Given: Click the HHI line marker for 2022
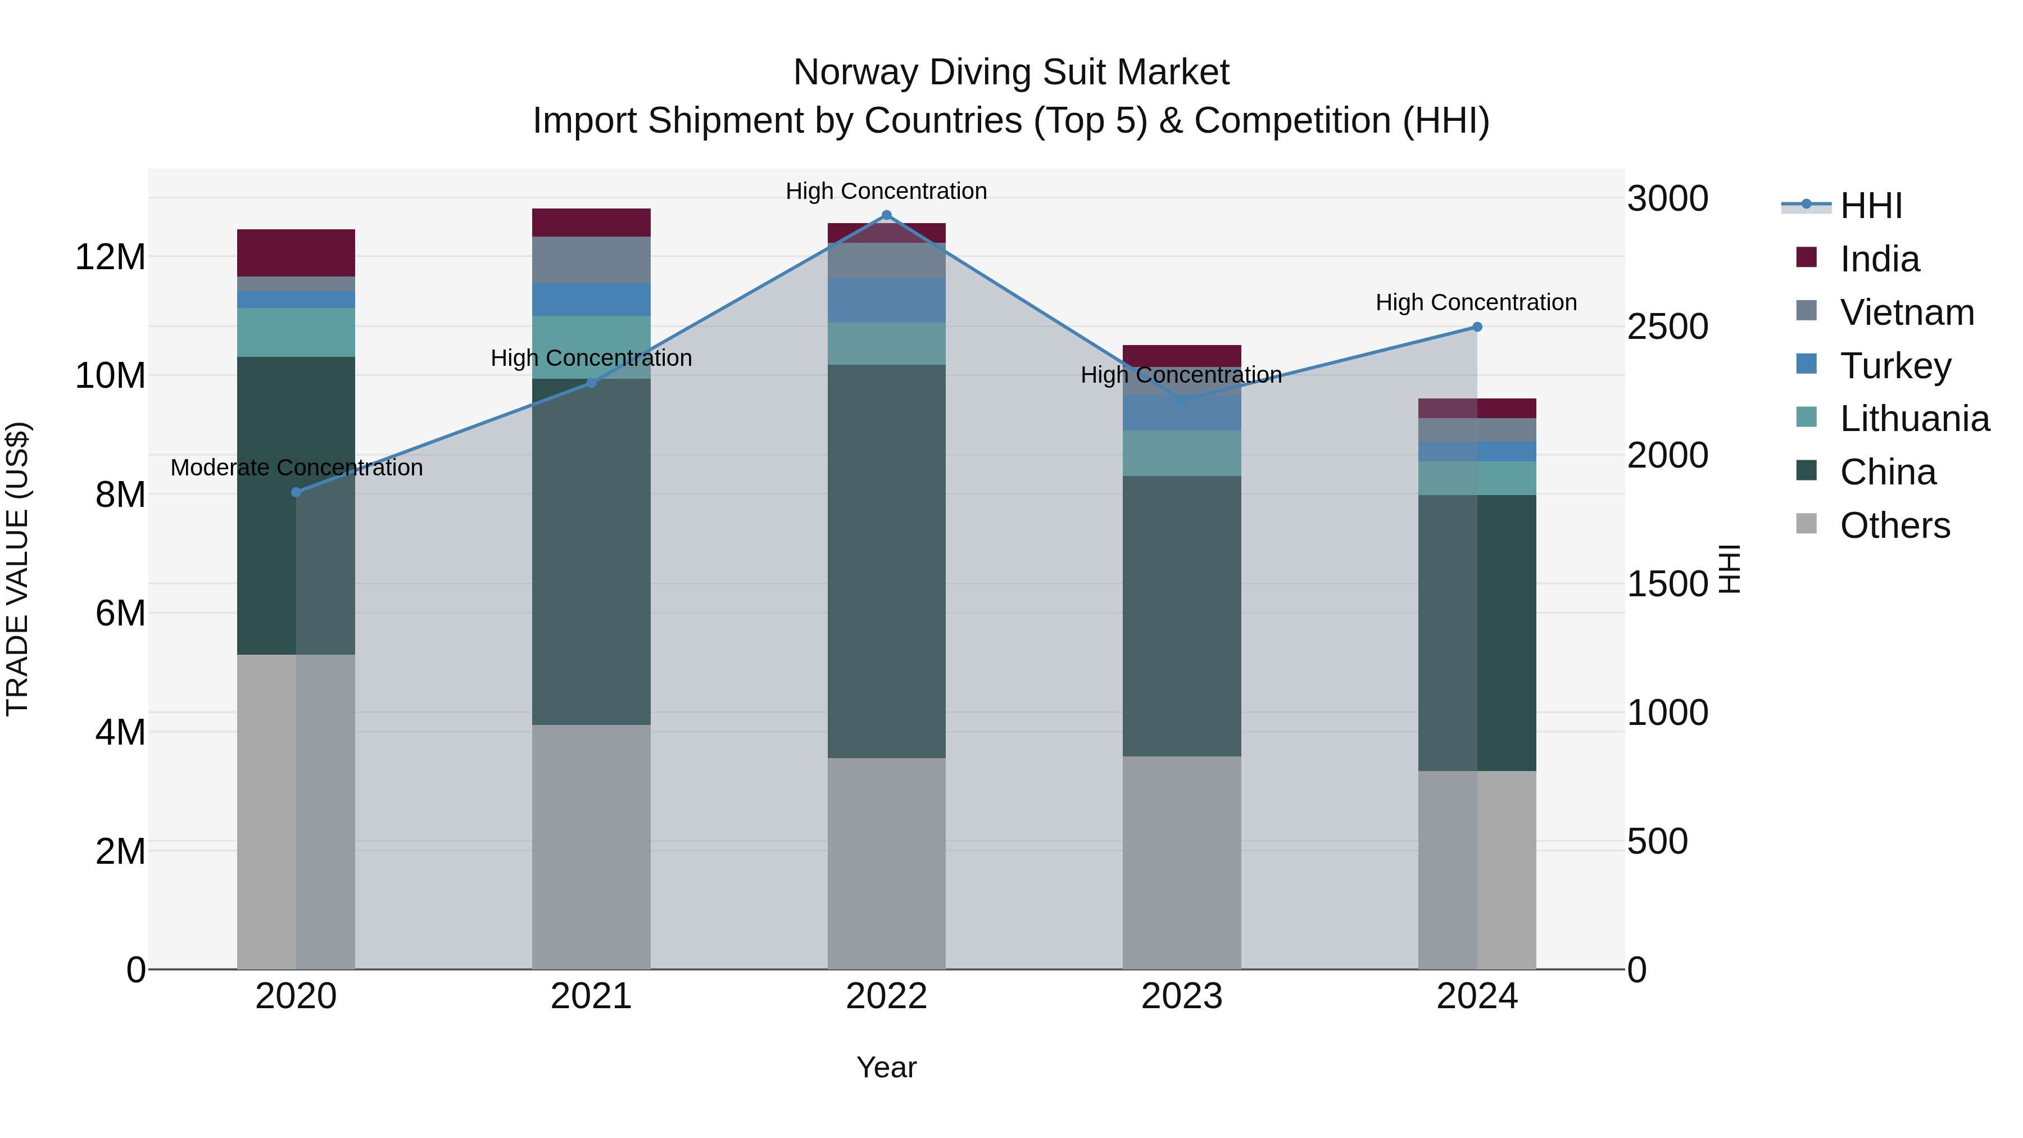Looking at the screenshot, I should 887,215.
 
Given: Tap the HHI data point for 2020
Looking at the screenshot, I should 296,492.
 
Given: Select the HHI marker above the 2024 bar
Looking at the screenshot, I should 1477,327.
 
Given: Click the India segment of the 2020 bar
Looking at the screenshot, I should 296,252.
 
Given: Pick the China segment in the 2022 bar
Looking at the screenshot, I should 887,561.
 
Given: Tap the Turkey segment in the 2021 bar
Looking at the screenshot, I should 591,299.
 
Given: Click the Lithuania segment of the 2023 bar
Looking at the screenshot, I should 1182,453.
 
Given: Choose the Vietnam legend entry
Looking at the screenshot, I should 1907,312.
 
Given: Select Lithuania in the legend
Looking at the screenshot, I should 1915,419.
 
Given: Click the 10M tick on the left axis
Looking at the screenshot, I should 110,376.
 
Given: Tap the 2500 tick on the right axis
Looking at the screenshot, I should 1667,328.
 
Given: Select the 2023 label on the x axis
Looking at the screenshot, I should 1182,996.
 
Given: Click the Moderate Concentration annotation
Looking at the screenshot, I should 296,468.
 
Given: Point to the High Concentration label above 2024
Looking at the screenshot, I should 1476,302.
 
